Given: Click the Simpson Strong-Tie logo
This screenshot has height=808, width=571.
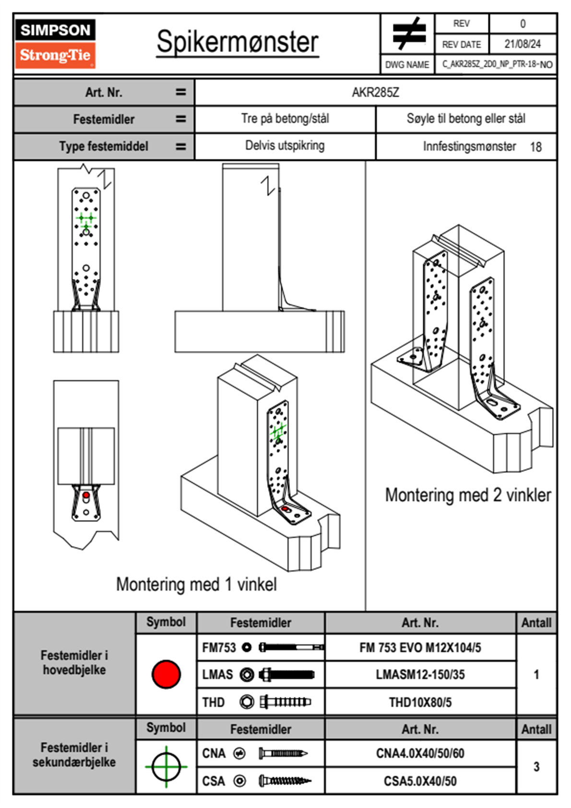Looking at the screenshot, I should [55, 43].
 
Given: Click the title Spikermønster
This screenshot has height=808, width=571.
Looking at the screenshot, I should [237, 42].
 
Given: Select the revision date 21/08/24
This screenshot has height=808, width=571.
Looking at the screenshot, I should [522, 44].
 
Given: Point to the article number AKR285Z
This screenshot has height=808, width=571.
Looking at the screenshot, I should [375, 92].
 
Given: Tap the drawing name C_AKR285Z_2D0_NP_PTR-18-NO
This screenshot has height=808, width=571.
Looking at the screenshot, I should [497, 64].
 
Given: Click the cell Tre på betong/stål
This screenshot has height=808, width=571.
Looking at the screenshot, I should [285, 119].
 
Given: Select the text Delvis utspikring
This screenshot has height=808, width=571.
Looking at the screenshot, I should [285, 146].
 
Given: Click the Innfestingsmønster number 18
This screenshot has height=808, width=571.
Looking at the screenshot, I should [535, 147].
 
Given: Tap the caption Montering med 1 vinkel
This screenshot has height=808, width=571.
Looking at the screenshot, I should [196, 585].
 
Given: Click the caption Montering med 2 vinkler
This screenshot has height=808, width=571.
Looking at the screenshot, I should [468, 495].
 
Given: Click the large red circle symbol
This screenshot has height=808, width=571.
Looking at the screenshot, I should [166, 674].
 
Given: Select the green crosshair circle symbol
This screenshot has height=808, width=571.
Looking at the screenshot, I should [166, 767].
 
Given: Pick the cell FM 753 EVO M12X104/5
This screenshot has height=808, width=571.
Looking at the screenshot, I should [420, 648].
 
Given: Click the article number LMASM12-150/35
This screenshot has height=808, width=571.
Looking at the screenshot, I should [420, 675].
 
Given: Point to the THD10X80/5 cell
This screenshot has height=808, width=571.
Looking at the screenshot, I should [420, 702].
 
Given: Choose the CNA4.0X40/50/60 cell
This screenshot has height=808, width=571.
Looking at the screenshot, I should [420, 753].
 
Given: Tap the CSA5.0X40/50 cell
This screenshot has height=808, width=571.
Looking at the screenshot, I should [420, 781].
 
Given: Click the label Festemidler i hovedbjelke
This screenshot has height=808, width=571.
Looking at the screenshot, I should [74, 662].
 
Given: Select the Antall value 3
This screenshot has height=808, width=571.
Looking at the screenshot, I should [536, 767].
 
